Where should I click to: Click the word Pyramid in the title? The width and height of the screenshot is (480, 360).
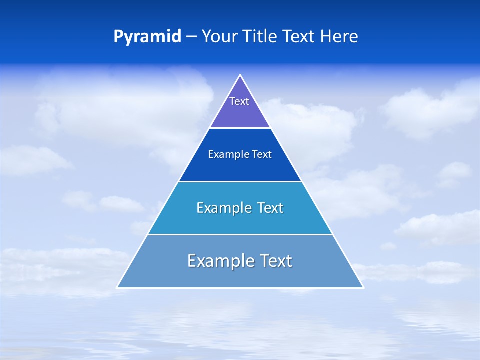pos(147,37)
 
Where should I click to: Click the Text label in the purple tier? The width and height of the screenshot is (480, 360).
pos(239,101)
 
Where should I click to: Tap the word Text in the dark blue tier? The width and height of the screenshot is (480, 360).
pos(262,155)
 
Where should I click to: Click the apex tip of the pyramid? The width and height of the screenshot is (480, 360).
pos(240,75)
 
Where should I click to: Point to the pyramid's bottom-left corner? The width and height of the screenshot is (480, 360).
pos(117,287)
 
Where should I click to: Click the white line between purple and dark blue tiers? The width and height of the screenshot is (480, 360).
pos(240,128)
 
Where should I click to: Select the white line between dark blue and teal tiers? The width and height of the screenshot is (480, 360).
pos(240,181)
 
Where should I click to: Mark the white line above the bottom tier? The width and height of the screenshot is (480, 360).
pos(240,234)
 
